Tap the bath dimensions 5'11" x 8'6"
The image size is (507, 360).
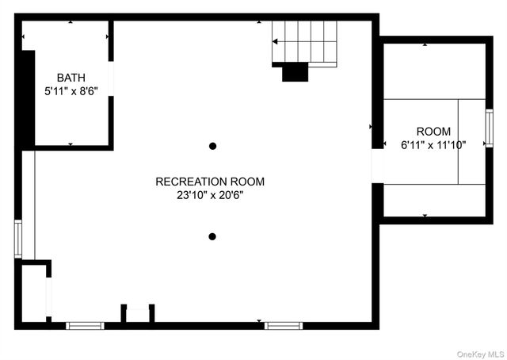pos(70,91)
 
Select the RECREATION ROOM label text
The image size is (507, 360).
pos(210,182)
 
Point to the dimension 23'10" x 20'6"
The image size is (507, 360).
pos(210,195)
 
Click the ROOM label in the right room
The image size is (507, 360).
pos(433,132)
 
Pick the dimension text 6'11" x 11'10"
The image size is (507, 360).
pos(433,145)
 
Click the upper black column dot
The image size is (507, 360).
pos(212,146)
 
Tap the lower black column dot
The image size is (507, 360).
pos(212,236)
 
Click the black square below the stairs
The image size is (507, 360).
pos(295,71)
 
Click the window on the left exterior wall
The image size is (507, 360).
pos(18,239)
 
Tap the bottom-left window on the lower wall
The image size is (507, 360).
pos(85,325)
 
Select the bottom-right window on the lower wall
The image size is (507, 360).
pos(283,325)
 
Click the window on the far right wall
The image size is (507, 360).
pos(489,124)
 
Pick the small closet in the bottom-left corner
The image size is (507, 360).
pos(34,293)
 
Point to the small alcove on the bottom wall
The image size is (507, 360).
pos(138,314)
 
